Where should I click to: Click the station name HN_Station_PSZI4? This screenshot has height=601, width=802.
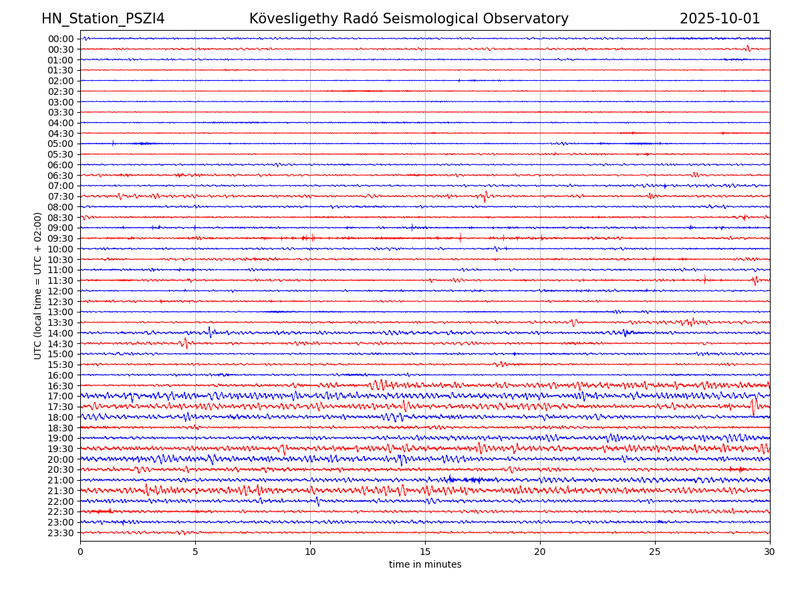[103, 19]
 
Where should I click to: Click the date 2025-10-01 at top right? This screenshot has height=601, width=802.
[720, 19]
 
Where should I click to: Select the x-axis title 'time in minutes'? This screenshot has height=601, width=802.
[425, 564]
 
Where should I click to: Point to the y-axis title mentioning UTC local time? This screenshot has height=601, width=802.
[38, 285]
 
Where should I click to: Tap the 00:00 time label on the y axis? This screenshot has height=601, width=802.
[61, 39]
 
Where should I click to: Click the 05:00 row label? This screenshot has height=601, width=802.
[61, 144]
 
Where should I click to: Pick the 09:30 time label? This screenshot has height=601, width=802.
[61, 238]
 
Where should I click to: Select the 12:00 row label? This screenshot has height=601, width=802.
[61, 291]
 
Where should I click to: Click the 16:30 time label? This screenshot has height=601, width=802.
[61, 386]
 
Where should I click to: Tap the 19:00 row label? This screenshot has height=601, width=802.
[61, 438]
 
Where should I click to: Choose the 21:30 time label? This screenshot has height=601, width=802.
[61, 491]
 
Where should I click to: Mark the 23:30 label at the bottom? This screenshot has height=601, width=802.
[61, 533]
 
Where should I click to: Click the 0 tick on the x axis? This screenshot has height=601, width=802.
[80, 552]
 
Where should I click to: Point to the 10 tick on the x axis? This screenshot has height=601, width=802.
[310, 552]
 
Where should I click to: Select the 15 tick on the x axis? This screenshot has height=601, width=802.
[425, 552]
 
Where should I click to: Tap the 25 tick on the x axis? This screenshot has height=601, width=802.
[655, 552]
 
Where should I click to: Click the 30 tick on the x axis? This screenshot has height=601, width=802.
[770, 552]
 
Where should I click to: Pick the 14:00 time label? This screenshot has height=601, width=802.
[61, 333]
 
